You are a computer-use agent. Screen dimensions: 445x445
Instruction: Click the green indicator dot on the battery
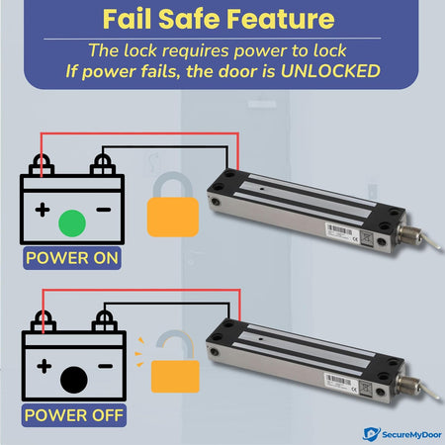pyautogui.click(x=72, y=223)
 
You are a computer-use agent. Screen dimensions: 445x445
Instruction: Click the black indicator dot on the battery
pyautogui.click(x=74, y=380)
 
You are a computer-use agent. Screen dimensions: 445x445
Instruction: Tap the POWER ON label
pyautogui.click(x=72, y=258)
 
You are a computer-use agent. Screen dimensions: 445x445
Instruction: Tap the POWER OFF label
pyautogui.click(x=74, y=415)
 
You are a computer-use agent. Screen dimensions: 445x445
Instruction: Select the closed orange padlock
pyautogui.click(x=173, y=205)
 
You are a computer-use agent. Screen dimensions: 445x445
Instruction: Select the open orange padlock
pyautogui.click(x=175, y=362)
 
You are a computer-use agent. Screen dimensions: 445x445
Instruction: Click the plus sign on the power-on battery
pyautogui.click(x=43, y=210)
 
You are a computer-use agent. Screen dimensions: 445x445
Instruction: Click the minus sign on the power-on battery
pyautogui.click(x=104, y=210)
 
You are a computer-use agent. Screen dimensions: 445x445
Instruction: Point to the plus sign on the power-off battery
pyautogui.click(x=44, y=366)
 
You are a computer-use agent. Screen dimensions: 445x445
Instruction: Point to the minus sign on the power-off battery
pyautogui.click(x=106, y=366)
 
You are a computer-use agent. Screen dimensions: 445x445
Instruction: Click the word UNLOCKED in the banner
pyautogui.click(x=330, y=71)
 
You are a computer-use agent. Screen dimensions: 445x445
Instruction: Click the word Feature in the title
pyautogui.click(x=281, y=19)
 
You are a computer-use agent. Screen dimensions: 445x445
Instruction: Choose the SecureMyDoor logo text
pyautogui.click(x=411, y=434)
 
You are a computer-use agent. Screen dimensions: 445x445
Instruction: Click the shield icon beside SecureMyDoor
pyautogui.click(x=371, y=434)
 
